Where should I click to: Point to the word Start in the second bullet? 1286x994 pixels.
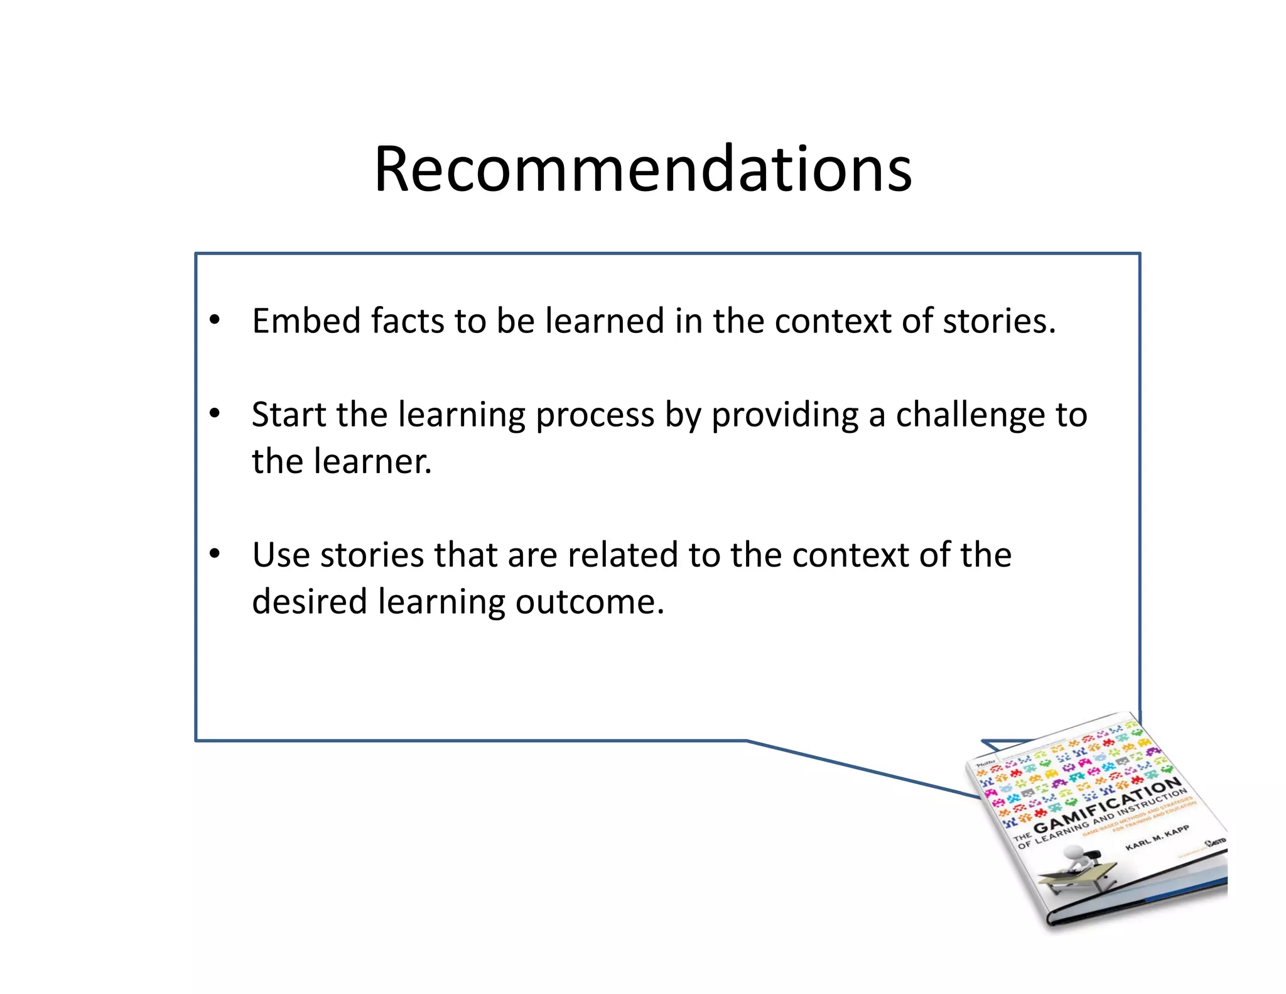[x=288, y=415]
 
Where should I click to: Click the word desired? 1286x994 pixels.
[x=309, y=602]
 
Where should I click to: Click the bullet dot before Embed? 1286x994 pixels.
[x=215, y=320]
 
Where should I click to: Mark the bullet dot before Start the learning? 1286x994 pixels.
[x=215, y=414]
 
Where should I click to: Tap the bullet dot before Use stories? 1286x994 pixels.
[x=215, y=554]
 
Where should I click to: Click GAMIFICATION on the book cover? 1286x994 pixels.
[x=1108, y=804]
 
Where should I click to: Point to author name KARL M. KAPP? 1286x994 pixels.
[x=1157, y=838]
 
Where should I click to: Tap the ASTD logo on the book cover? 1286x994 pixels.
[x=1215, y=841]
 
